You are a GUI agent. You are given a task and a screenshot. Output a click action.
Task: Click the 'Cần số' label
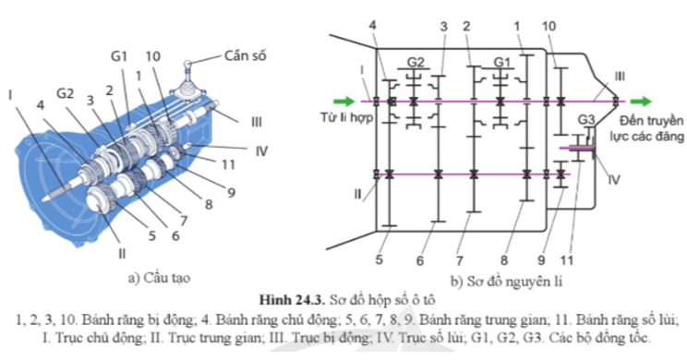(246, 56)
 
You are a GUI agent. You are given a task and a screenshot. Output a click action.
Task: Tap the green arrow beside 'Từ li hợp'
(343, 102)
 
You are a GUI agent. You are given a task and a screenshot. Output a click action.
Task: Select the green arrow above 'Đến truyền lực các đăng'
(641, 102)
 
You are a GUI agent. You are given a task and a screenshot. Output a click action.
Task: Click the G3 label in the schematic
(586, 120)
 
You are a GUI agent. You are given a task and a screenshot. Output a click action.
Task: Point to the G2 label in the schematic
(416, 62)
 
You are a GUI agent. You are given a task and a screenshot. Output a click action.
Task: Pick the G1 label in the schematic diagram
(501, 62)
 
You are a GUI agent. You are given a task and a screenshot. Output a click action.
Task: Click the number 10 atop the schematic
(549, 26)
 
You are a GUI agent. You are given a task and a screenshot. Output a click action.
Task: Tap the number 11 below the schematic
(567, 260)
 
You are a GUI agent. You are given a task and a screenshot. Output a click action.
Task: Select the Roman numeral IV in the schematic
(614, 179)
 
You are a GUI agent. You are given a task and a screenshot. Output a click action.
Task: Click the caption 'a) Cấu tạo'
(159, 278)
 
